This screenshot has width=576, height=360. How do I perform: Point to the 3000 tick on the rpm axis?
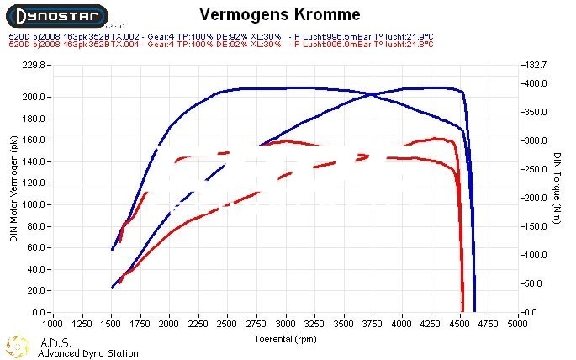click(x=286, y=323)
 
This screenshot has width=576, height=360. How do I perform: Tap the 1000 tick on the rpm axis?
click(x=52, y=323)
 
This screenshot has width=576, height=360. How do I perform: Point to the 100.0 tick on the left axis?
click(x=33, y=204)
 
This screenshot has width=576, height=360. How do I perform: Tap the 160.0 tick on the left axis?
click(x=33, y=140)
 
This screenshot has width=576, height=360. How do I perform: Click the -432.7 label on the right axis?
click(x=535, y=65)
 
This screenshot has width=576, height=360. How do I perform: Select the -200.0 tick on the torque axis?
click(x=535, y=198)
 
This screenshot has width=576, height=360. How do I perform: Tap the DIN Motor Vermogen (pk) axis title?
click(x=13, y=189)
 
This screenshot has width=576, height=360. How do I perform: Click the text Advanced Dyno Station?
click(x=88, y=353)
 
